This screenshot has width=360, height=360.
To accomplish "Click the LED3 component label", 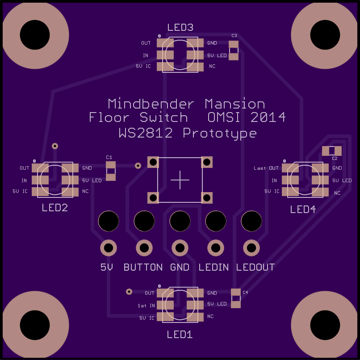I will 180,28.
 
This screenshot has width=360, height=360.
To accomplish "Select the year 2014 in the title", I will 268,118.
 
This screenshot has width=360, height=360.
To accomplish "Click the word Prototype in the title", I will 219,133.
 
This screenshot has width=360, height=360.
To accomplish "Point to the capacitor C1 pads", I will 111,171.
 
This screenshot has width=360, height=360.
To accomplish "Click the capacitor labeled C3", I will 234,50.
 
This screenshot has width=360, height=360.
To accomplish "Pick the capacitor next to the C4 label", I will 236,298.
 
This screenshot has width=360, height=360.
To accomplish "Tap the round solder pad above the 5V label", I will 109,247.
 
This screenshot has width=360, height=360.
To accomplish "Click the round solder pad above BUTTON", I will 144,247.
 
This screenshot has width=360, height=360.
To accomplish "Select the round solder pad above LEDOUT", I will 251,247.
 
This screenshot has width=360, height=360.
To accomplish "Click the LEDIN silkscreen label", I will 213,268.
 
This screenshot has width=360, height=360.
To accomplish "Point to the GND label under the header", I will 180,268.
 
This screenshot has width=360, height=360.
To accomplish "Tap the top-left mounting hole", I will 36,35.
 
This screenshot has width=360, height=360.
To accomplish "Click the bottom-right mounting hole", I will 325,325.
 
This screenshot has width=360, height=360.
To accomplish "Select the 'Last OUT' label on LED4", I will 266,168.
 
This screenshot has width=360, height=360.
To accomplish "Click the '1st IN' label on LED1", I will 146,306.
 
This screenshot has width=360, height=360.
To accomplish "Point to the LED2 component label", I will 55,208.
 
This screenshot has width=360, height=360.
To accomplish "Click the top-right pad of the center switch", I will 206,162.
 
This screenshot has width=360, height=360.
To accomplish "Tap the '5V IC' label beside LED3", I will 143,67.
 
